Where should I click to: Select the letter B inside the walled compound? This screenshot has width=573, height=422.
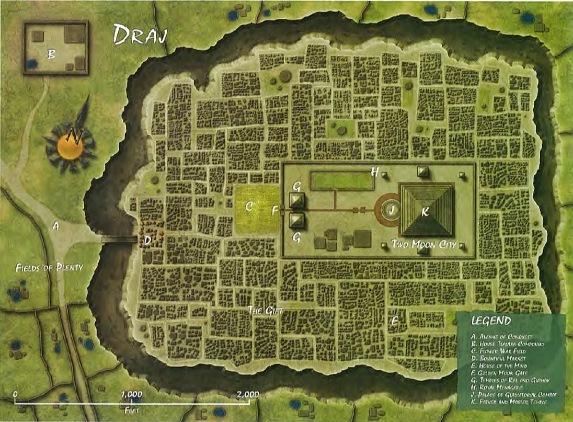point(51,53)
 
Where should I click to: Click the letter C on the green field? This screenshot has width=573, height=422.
point(249,207)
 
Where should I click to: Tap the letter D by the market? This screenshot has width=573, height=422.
point(147,241)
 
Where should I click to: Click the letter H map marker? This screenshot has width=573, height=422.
point(374,172)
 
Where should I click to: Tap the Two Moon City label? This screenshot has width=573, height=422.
point(423,244)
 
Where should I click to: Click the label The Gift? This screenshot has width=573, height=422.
point(265,310)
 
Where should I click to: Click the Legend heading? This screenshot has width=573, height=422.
point(490,321)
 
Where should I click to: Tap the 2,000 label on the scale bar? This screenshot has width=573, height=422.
point(247,394)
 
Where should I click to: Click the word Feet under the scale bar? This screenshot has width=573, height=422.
point(131,410)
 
